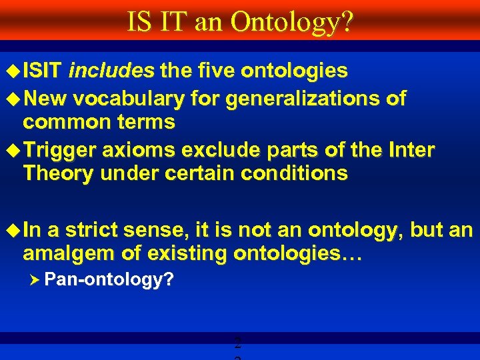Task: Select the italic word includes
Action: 111,71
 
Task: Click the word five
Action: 216,71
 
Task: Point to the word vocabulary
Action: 128,99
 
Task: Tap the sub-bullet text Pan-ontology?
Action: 109,280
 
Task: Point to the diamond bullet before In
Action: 13,231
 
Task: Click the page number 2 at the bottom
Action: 237,345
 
